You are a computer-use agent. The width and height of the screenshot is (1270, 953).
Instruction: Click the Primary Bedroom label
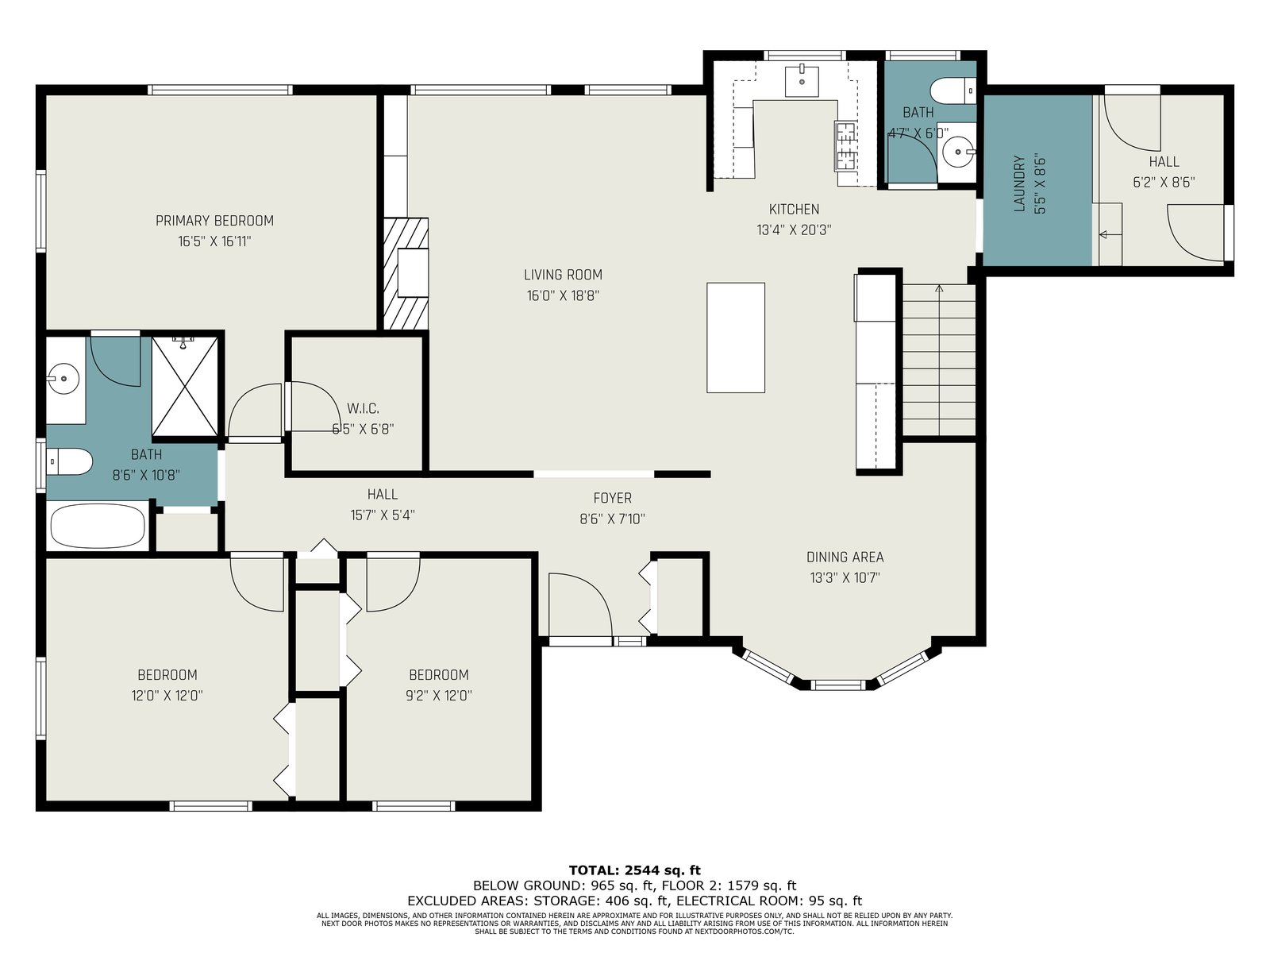(214, 221)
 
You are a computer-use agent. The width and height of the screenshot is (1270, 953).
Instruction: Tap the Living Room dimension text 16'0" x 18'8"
(563, 295)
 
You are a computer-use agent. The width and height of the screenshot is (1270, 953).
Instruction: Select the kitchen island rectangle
(735, 338)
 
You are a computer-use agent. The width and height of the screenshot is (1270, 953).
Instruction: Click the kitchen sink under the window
(802, 81)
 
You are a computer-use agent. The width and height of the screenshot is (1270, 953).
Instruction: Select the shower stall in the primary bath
(185, 386)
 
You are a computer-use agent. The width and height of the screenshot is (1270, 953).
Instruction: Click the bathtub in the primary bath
(98, 526)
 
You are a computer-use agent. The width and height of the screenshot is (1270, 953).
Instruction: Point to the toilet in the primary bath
(69, 461)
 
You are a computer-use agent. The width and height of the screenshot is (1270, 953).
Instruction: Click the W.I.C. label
(363, 408)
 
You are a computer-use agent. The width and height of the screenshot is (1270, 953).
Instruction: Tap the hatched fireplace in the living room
(406, 273)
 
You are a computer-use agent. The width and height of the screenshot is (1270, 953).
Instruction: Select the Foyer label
(612, 498)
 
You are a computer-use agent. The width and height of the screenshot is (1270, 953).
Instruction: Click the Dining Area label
(845, 557)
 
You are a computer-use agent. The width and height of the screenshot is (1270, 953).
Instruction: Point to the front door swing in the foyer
(580, 604)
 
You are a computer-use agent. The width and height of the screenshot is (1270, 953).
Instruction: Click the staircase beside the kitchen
(939, 359)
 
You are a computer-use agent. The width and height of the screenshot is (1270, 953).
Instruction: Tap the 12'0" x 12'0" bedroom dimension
(167, 695)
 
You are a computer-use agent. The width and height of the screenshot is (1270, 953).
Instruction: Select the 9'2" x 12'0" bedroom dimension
(439, 695)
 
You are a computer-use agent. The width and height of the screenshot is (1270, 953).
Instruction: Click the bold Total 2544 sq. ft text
(635, 870)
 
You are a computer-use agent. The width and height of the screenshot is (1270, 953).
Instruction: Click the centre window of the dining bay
(837, 685)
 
